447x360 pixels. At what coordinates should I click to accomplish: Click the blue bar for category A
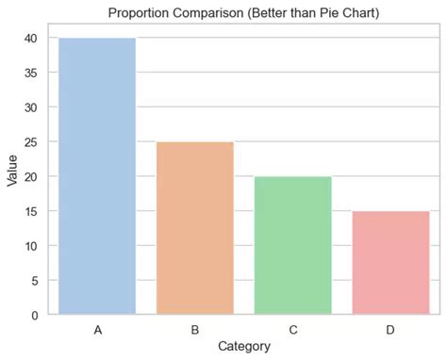tap(96, 176)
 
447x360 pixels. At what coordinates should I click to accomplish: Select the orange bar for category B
tap(194, 228)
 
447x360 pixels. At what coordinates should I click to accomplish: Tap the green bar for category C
tap(292, 245)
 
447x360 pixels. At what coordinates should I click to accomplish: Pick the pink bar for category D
tap(390, 263)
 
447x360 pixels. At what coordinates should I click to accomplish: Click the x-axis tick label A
tap(96, 330)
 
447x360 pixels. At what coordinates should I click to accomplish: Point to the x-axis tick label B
tap(194, 330)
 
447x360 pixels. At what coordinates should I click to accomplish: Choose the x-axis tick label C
tap(292, 330)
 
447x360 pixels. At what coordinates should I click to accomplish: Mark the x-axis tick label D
tap(390, 330)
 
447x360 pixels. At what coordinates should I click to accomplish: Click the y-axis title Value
tap(11, 176)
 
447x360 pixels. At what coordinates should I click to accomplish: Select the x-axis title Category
tap(243, 347)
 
